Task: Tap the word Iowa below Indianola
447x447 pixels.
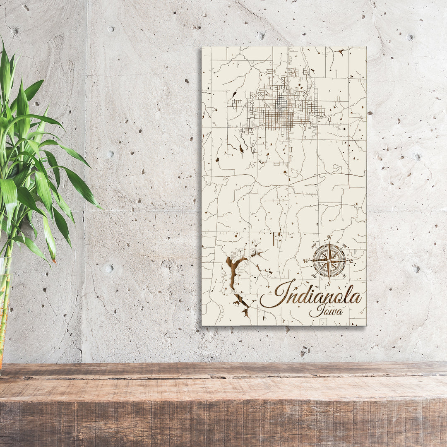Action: (326, 310)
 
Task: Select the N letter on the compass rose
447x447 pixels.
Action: (329, 237)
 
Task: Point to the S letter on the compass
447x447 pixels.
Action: (328, 284)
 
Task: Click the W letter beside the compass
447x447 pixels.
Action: (306, 261)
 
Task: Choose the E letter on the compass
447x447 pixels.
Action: (351, 261)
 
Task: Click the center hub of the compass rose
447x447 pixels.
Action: (329, 261)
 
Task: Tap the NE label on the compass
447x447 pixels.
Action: (344, 245)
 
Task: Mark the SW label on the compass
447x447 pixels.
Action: (314, 276)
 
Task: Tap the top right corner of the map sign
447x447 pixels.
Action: (366, 47)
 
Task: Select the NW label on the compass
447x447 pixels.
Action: (314, 246)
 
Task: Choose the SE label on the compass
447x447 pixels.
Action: (344, 276)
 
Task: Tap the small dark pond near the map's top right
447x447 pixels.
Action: (342, 51)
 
